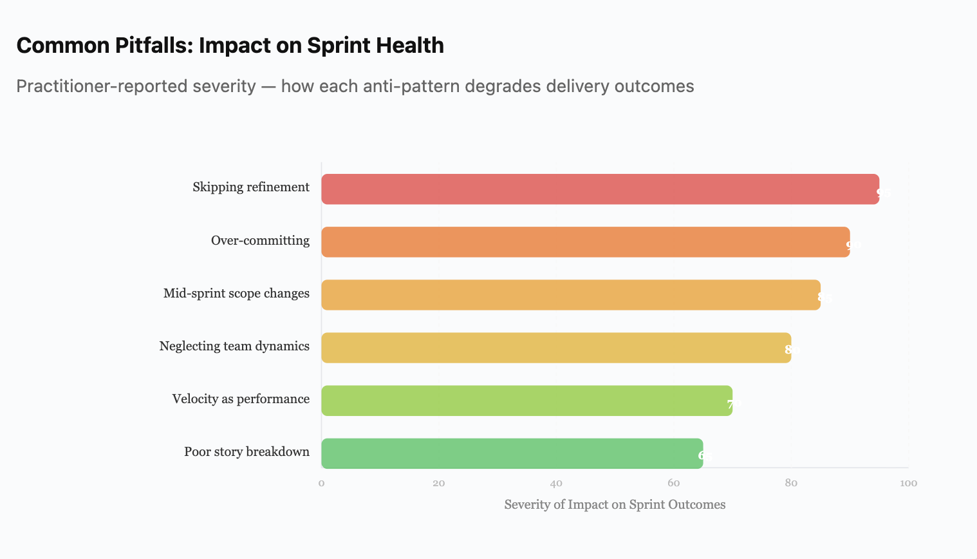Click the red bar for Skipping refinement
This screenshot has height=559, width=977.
(x=600, y=189)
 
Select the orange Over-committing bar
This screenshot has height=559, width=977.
(x=585, y=242)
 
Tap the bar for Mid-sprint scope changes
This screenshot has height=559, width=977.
(x=570, y=295)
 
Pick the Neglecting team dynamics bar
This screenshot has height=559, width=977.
(x=555, y=348)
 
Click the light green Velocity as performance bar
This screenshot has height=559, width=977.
(x=526, y=401)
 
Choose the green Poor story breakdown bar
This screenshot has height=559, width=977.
(x=512, y=453)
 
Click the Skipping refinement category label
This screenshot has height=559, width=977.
(x=251, y=187)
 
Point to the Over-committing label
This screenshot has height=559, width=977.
(x=260, y=241)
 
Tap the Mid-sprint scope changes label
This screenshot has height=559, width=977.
(x=236, y=294)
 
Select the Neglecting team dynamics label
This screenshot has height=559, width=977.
(x=234, y=346)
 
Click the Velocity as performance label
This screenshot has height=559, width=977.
(x=241, y=399)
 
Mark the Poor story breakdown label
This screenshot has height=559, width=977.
(x=247, y=452)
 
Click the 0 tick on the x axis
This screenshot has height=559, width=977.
(x=321, y=483)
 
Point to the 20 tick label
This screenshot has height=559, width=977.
(x=439, y=483)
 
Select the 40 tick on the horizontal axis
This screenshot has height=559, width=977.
(x=556, y=483)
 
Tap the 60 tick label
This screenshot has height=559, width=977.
(x=674, y=483)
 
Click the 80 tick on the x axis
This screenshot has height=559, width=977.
(x=791, y=483)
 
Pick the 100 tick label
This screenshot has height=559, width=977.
(x=908, y=483)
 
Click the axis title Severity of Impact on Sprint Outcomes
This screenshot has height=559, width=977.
(x=615, y=505)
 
